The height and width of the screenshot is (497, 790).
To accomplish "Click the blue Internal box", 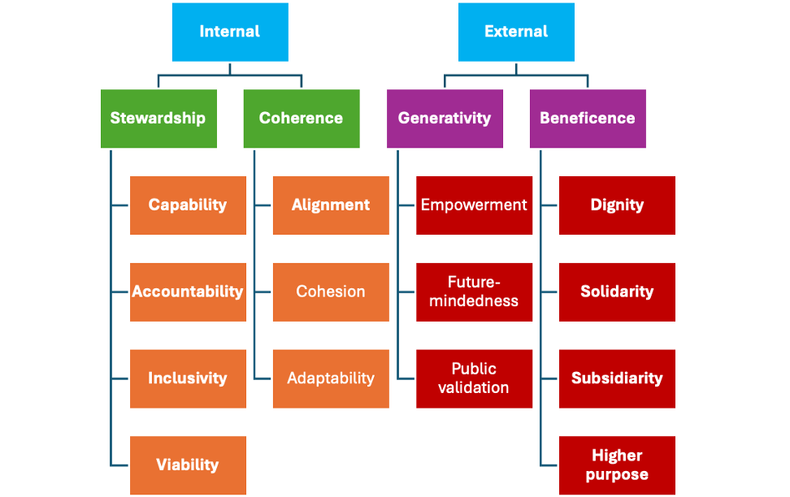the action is (x=230, y=32).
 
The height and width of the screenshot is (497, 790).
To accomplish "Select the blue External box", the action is (x=516, y=32).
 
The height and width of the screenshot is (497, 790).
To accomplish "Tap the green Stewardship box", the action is (x=158, y=119).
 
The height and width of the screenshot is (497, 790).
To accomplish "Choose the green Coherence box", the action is (x=302, y=119).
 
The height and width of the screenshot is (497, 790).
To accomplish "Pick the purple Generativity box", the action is (x=445, y=119).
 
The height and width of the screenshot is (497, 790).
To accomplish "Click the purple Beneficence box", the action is (x=588, y=119).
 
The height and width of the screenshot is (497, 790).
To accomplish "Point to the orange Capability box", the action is (x=188, y=205).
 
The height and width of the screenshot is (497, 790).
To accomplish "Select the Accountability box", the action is (x=188, y=292).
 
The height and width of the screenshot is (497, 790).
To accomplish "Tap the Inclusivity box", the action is (x=188, y=378).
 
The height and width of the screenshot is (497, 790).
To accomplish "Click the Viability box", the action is (x=188, y=465).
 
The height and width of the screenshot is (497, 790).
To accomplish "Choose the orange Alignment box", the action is (x=331, y=205).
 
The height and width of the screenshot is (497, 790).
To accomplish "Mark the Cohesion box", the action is (x=331, y=292).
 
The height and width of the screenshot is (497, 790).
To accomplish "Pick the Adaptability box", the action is (x=331, y=378).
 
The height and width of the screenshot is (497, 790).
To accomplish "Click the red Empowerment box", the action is (x=474, y=205).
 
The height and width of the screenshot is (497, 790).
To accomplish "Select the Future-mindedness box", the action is (x=474, y=292).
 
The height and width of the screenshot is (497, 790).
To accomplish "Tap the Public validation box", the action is (x=474, y=378).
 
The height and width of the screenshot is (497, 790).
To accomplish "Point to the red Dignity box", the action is (x=617, y=205).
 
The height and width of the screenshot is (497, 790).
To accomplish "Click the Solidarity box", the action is (x=617, y=292).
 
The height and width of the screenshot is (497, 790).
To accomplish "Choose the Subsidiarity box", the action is (x=617, y=378).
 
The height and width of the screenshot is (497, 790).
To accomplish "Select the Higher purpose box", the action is (x=617, y=465).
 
